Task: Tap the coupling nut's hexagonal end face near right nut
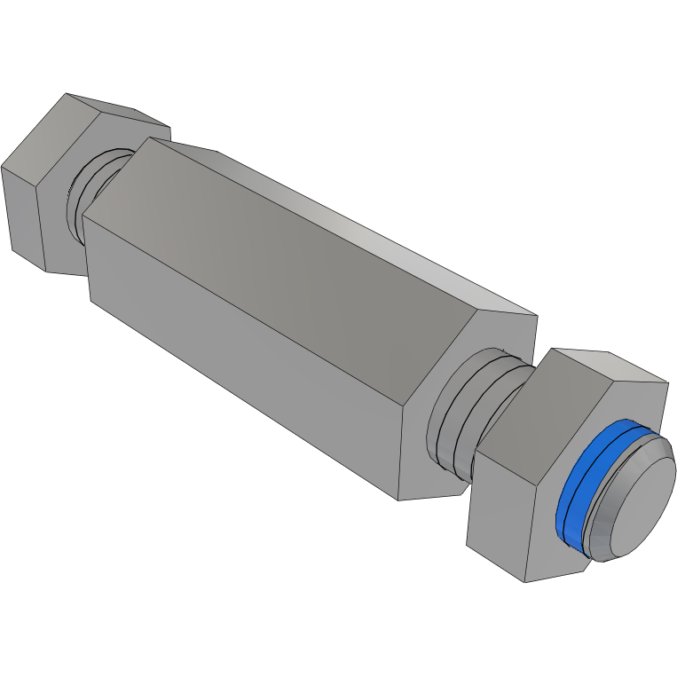coord(470,373)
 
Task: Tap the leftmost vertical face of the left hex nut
coord(22,213)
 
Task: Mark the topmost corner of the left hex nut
coord(67,92)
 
